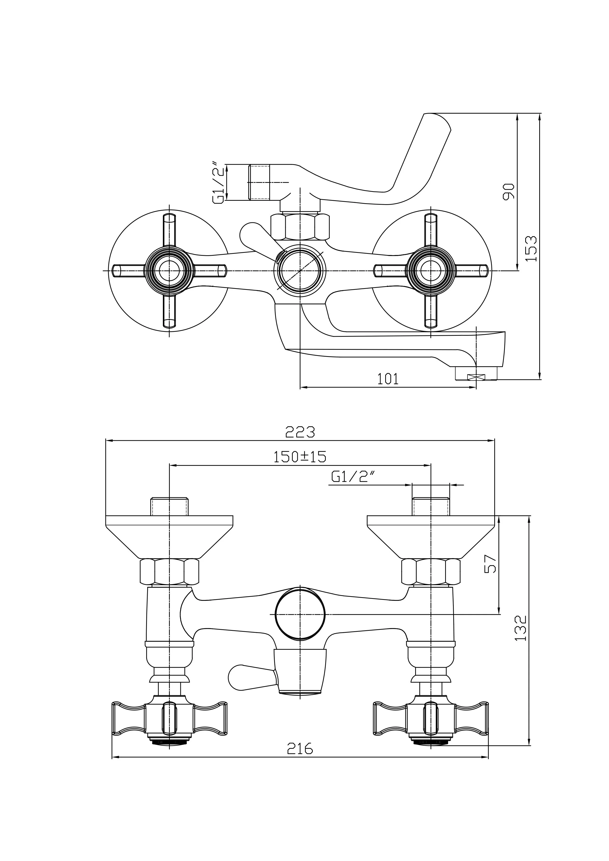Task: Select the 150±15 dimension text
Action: point(300,457)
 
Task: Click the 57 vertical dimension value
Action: point(490,575)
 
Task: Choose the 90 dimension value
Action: point(509,192)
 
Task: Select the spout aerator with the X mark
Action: point(476,377)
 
